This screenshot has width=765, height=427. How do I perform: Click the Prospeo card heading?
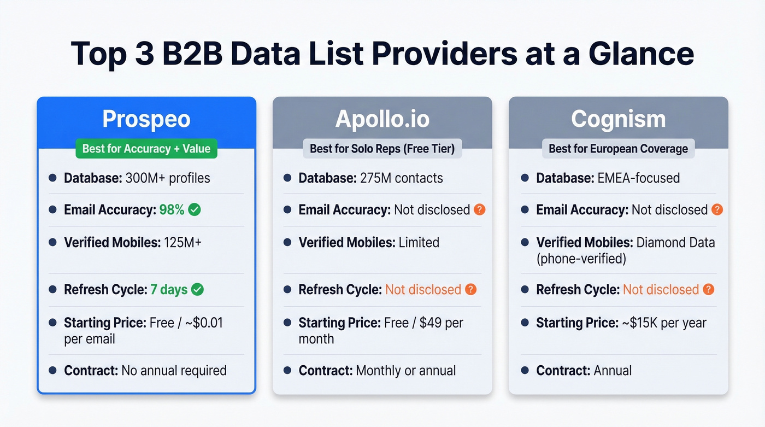coord(146,119)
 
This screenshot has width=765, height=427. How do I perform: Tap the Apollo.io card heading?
coord(382,119)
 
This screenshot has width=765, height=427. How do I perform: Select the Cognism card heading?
coord(618,119)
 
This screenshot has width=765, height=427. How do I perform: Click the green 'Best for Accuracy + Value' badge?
coord(146,148)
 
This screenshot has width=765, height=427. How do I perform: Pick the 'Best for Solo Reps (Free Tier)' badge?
coord(382,148)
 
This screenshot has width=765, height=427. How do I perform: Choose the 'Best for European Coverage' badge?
coord(618,148)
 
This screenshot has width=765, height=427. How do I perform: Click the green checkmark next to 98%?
coord(194,209)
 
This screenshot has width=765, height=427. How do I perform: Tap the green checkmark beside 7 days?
coord(197,289)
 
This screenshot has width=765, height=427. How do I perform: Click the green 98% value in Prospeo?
coord(172,209)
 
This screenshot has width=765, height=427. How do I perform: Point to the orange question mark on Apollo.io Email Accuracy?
coord(479,209)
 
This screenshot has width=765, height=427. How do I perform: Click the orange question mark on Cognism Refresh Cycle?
coord(708,289)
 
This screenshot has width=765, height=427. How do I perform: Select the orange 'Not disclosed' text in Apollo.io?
coord(423,289)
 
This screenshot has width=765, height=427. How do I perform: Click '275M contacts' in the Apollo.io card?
coord(402,178)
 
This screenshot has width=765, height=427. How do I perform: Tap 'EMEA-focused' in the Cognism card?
coord(638,178)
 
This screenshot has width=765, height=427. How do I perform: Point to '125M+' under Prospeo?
coord(183,242)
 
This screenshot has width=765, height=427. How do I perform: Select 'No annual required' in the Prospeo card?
coord(174,370)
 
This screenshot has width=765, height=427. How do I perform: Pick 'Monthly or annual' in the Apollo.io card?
coord(405,370)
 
